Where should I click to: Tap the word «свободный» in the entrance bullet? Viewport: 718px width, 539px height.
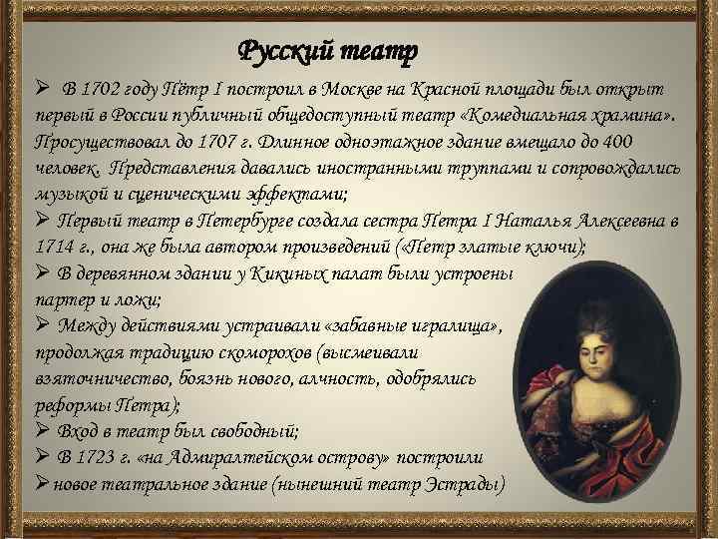coord(253,431)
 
